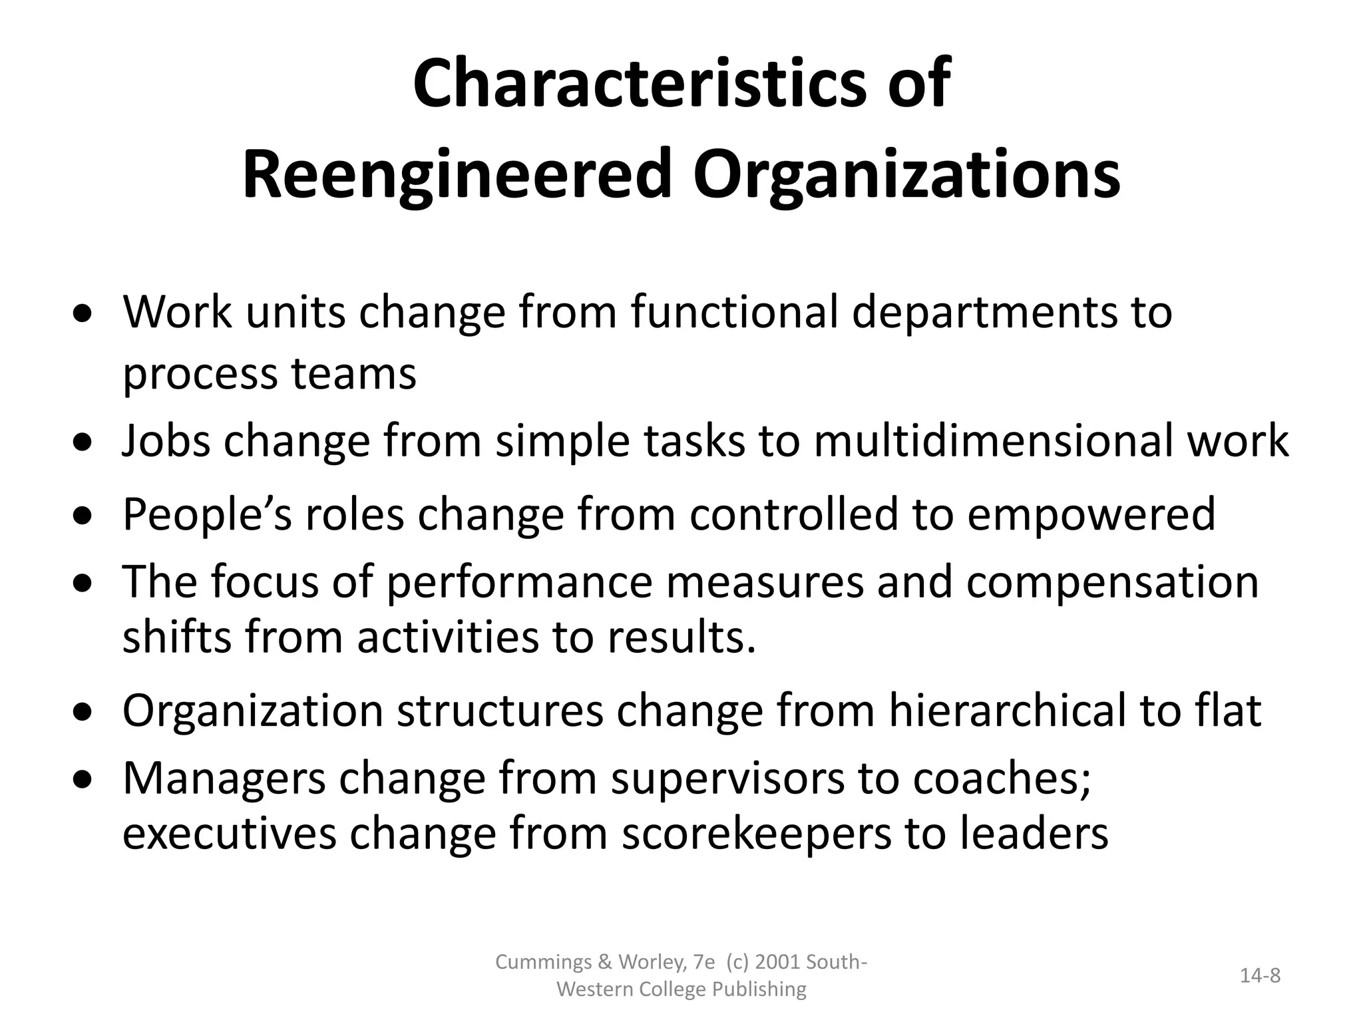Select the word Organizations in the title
click(x=906, y=175)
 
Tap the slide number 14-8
click(x=1261, y=975)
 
